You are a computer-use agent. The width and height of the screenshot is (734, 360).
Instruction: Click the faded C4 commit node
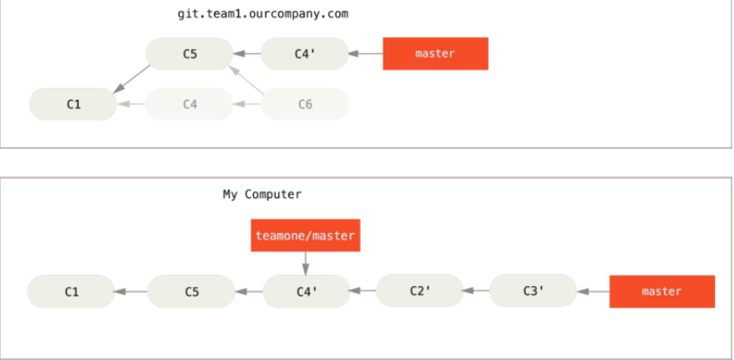(x=190, y=104)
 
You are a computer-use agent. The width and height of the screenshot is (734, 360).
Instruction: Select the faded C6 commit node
(x=304, y=104)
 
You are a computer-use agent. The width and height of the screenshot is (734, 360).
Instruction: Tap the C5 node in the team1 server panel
(x=190, y=54)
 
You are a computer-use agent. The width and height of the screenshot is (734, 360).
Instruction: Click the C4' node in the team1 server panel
(x=304, y=54)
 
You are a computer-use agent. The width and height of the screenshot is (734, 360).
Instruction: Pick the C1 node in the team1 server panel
(x=73, y=104)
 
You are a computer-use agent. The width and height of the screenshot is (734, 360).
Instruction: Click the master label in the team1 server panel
(x=435, y=54)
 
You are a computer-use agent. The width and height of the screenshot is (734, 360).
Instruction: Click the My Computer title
(x=262, y=194)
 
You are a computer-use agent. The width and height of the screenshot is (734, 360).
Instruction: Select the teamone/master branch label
(x=304, y=235)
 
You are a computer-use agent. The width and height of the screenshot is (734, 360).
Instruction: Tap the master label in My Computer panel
(x=661, y=291)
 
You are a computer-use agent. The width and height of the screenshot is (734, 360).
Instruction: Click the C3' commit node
(x=533, y=291)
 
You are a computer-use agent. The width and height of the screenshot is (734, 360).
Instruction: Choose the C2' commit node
(x=419, y=291)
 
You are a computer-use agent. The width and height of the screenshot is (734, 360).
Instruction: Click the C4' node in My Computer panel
(x=304, y=291)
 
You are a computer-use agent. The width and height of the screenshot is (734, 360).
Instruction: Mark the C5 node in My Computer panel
(x=191, y=291)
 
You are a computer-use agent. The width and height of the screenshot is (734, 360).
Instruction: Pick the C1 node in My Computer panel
(x=71, y=291)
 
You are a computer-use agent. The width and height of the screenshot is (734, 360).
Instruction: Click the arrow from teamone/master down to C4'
(x=304, y=263)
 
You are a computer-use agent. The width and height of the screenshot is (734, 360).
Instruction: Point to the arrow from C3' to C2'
(x=477, y=291)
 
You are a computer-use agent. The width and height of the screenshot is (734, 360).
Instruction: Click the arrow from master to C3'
(x=593, y=291)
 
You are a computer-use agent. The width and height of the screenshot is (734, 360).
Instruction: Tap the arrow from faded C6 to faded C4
(x=248, y=104)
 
